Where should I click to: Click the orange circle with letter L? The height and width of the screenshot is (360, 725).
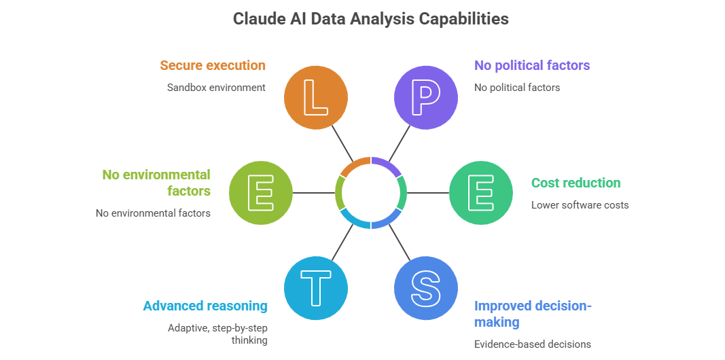point(315,97)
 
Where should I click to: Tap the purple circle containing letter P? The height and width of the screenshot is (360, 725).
point(426,97)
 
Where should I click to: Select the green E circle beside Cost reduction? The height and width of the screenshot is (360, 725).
point(481,193)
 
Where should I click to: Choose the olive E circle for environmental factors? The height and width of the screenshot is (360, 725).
point(261,193)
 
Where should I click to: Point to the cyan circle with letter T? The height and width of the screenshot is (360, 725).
point(315,288)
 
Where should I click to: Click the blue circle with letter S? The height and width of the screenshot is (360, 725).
point(426,288)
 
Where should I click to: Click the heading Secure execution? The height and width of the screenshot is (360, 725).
point(213,65)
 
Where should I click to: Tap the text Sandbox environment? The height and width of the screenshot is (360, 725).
point(216,87)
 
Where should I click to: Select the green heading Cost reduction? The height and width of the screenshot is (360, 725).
point(576,183)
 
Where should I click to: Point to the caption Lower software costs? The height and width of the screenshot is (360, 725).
point(580,204)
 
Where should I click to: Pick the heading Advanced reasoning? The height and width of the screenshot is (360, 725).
point(205,306)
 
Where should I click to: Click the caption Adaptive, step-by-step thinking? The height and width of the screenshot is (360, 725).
point(217,334)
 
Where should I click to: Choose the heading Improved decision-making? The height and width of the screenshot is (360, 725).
point(532,313)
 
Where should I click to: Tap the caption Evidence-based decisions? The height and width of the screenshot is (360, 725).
point(532,344)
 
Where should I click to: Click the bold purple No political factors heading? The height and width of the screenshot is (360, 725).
point(531,65)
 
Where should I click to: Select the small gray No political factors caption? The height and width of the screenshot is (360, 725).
point(516,87)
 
